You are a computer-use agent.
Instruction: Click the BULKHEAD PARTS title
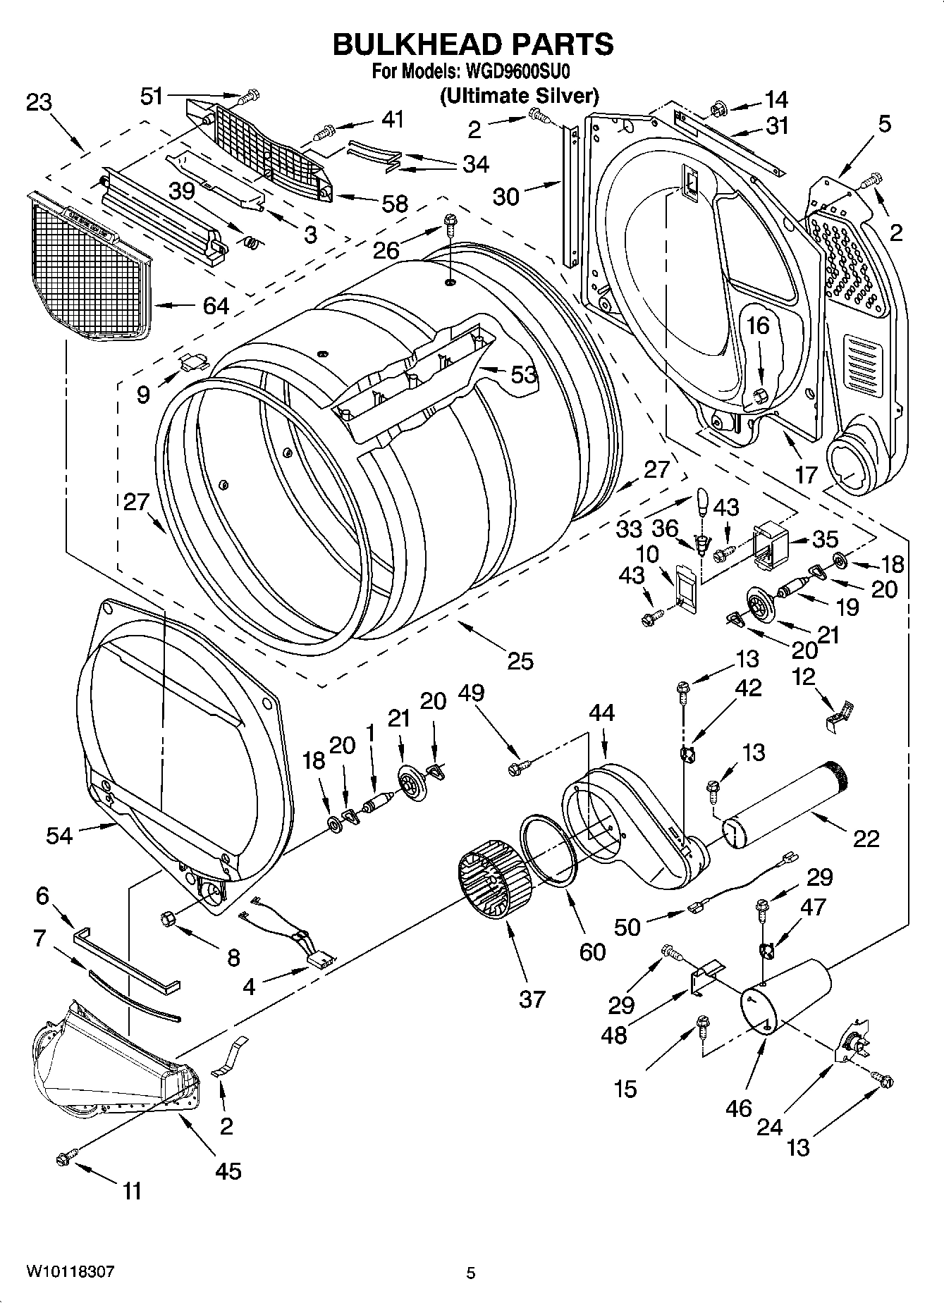tap(472, 44)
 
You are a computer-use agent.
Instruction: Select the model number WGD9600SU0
tap(515, 71)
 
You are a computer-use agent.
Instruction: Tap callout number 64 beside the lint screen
tap(216, 306)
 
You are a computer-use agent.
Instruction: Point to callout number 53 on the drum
tap(524, 375)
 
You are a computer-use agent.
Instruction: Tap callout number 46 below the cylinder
tap(738, 1109)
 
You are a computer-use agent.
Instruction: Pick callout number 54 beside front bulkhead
tap(60, 836)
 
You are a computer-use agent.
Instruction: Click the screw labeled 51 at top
tap(250, 94)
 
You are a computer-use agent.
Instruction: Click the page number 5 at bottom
tap(471, 1273)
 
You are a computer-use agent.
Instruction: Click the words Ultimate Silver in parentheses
tap(520, 95)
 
